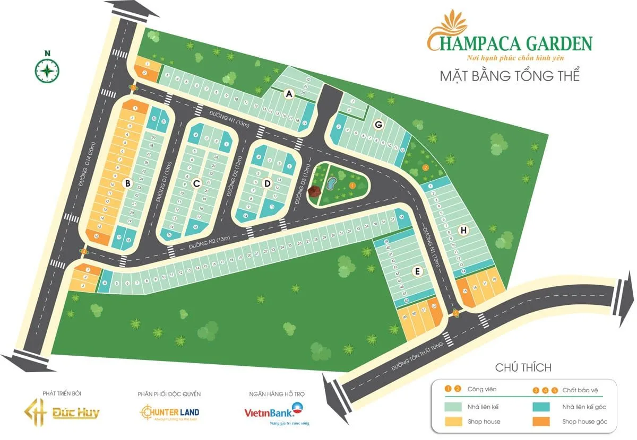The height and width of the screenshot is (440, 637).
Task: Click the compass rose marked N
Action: click(x=47, y=69)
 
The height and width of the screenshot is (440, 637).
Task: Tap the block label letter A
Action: click(x=289, y=94)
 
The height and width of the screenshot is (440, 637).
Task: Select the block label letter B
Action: click(x=127, y=183)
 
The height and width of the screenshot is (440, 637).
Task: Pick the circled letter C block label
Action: click(x=196, y=183)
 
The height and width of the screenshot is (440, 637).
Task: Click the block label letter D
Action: click(x=268, y=183)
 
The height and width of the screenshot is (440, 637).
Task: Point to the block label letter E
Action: click(x=418, y=271)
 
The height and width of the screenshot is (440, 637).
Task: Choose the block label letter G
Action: click(x=378, y=125)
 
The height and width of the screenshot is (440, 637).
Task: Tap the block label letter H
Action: click(x=463, y=230)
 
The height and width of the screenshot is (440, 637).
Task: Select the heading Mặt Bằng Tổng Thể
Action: click(x=509, y=75)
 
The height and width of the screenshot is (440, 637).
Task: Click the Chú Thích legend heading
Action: click(x=523, y=367)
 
